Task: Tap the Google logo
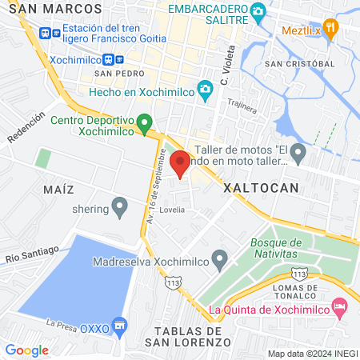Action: point(26,350)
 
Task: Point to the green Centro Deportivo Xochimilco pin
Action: point(144,123)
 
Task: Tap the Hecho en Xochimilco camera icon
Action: point(206,92)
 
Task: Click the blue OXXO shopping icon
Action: point(120,326)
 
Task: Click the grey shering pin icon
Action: point(120,208)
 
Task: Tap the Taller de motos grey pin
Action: point(298,151)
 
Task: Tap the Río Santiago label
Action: point(31,254)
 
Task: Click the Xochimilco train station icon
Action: point(118,59)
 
